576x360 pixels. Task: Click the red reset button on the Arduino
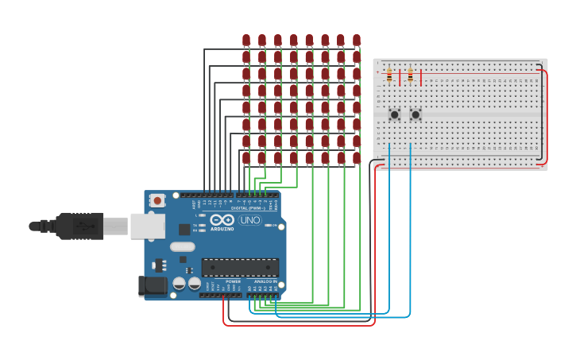[x=157, y=200]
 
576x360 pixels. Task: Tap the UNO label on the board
[x=250, y=220]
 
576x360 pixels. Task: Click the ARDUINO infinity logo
[x=222, y=220]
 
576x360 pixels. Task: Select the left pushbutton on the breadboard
[x=394, y=114]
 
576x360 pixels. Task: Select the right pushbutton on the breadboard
[x=415, y=114]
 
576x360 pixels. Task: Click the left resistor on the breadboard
[x=389, y=75]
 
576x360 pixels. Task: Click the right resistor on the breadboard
[x=410, y=75]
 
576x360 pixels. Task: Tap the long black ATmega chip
[x=240, y=267]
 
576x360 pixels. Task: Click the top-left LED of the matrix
[x=246, y=40]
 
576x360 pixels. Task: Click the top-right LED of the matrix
[x=357, y=40]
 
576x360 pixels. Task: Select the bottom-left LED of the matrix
[x=246, y=157]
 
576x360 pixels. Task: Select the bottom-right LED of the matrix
[x=357, y=157]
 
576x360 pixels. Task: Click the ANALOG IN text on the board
[x=265, y=281]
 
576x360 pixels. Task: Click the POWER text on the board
[x=233, y=281]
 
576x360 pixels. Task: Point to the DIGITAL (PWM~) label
[x=250, y=208]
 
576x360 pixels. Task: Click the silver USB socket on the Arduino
[x=146, y=226]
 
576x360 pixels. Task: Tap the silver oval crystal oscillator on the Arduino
[x=182, y=246]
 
